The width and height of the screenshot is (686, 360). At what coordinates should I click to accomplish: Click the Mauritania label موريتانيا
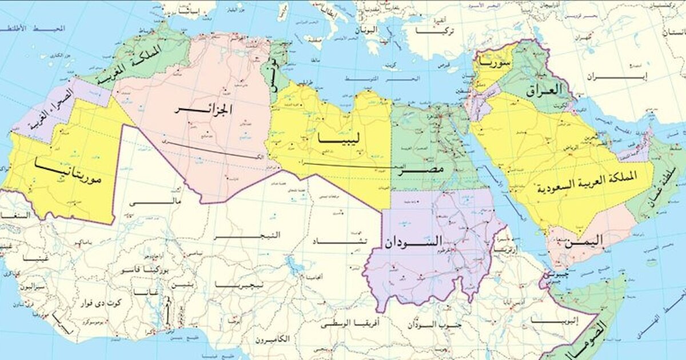68,173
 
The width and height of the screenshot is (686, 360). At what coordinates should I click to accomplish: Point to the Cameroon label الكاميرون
272,339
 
